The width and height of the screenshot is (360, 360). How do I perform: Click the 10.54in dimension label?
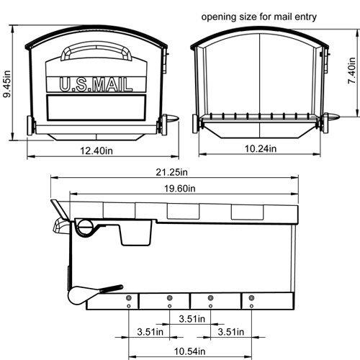(190, 351)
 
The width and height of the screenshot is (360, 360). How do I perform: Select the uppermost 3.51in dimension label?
(192, 318)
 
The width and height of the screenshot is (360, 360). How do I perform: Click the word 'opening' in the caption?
(220, 15)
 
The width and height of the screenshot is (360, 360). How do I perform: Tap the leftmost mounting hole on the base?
(128, 298)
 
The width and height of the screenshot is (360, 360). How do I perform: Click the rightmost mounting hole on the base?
(253, 298)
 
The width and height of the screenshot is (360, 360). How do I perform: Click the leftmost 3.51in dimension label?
(150, 332)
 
